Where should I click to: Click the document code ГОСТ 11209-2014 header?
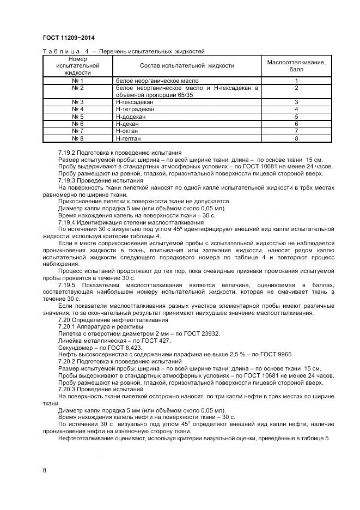pyautogui.click(x=64, y=38)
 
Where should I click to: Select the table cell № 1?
pyautogui.click(x=77, y=81)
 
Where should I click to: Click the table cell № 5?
pyautogui.click(x=77, y=117)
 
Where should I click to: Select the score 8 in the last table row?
pyautogui.click(x=296, y=139)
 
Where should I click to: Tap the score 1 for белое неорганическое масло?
pyautogui.click(x=296, y=81)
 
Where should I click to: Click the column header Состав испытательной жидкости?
pyautogui.click(x=187, y=65)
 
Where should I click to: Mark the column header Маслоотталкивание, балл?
pyautogui.click(x=296, y=65)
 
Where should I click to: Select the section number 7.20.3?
pyautogui.click(x=69, y=390)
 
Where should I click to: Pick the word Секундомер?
pyautogui.click(x=75, y=347)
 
